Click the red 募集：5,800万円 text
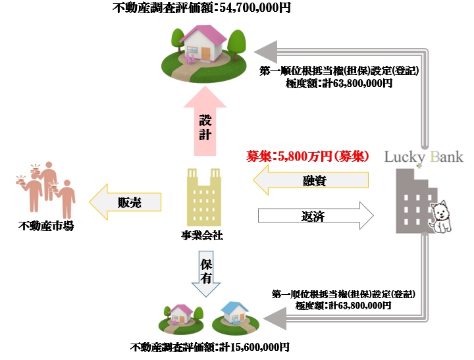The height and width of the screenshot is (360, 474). pyautogui.click(x=307, y=157)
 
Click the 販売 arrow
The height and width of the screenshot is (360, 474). pyautogui.click(x=125, y=201)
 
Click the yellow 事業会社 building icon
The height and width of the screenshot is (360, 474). pyautogui.click(x=203, y=196)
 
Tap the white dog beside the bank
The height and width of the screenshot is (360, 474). pyautogui.click(x=439, y=217)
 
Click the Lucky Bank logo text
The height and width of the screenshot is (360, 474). pyautogui.click(x=424, y=157)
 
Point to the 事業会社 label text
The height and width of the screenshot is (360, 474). pyautogui.click(x=201, y=235)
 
